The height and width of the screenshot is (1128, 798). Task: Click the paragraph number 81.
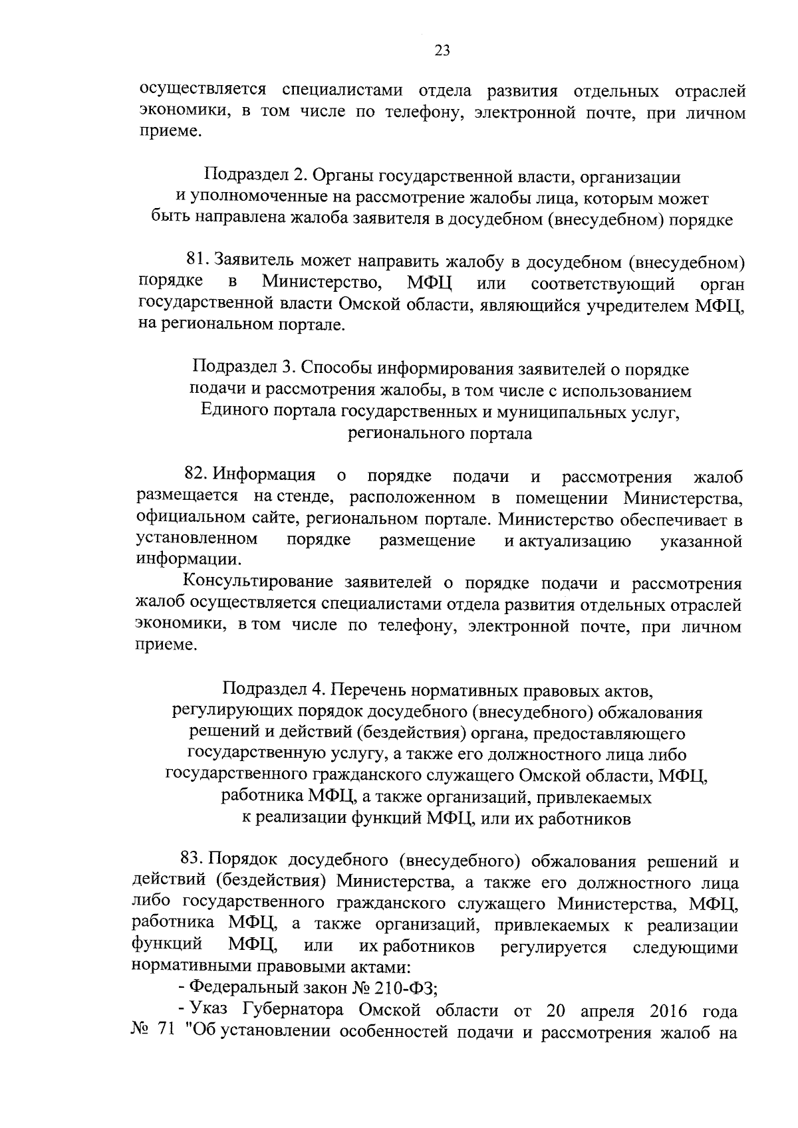coord(198,262)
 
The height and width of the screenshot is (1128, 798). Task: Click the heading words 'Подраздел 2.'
coord(253,177)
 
